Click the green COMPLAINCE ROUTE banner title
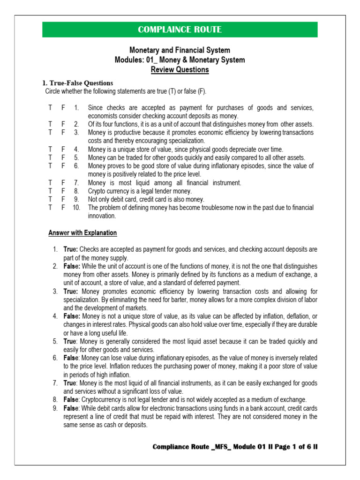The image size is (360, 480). tap(180, 30)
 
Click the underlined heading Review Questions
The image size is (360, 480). tap(180, 70)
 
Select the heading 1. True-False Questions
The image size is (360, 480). tap(78, 83)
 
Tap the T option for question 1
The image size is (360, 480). tap(50, 108)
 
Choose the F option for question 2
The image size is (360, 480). tap(63, 124)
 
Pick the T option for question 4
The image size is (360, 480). tap(50, 150)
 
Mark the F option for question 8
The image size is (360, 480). tap(63, 191)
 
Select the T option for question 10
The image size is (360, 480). tap(50, 208)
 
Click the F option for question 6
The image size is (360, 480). tap(63, 166)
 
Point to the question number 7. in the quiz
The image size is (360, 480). tap(76, 183)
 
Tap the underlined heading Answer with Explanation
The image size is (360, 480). tap(83, 233)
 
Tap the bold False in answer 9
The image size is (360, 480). tap(71, 408)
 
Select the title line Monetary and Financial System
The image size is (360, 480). tap(180, 50)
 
